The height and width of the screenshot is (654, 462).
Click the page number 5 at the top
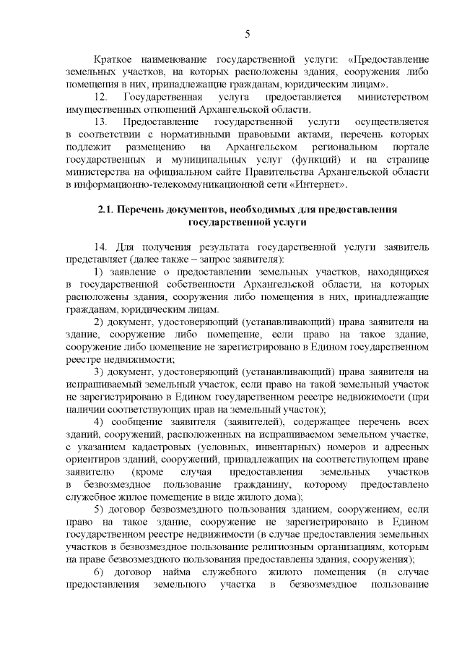point(247,34)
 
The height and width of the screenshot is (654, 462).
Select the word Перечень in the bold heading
point(152,210)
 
